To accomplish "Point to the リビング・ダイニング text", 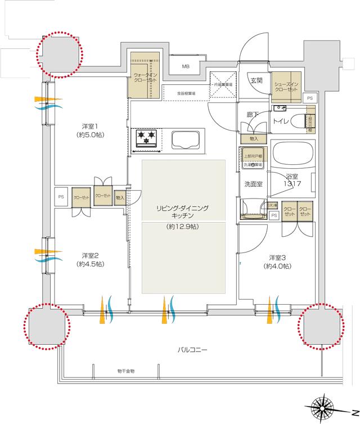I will click(x=183, y=208).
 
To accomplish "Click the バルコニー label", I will click(x=192, y=349).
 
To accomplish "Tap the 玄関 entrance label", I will click(x=256, y=80).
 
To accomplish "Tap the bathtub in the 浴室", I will click(x=291, y=155).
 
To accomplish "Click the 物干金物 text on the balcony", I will click(x=125, y=371).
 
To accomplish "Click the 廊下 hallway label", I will click(x=253, y=114).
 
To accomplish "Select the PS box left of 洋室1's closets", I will click(x=61, y=197).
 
